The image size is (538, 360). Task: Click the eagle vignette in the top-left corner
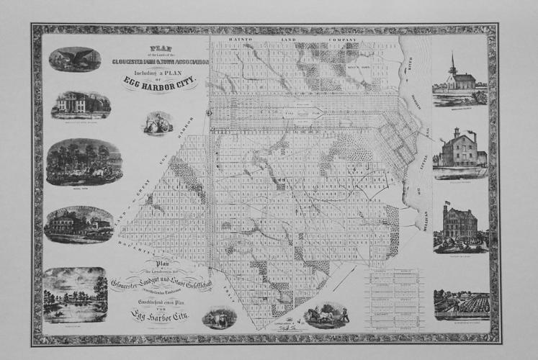[x=75, y=59]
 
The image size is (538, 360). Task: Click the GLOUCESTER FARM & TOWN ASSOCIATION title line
[x=160, y=62]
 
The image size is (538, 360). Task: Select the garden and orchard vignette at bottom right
[x=461, y=305]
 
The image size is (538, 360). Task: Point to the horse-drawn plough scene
[x=323, y=314]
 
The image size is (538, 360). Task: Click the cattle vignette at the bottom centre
[x=220, y=318]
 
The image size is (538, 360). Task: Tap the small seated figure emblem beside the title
[x=157, y=123]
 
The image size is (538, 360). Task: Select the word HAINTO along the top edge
[x=246, y=40]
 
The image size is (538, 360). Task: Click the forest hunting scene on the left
[x=84, y=161]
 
